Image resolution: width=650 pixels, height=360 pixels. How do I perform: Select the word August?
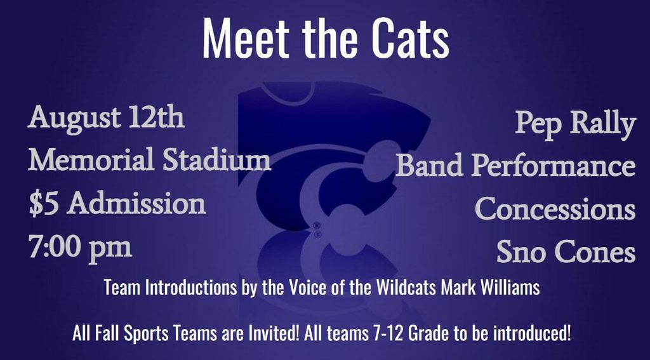tap(75, 119)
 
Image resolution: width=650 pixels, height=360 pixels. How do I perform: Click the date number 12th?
tap(157, 117)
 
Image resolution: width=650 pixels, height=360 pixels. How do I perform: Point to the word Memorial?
tap(91, 160)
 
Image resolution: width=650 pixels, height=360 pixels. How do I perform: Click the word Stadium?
tap(216, 160)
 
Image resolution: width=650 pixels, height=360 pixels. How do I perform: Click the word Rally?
tap(603, 124)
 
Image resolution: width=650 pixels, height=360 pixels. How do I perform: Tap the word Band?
tap(430, 166)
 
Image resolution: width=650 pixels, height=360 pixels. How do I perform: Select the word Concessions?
tap(555, 209)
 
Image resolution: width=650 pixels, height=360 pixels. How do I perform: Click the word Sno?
tap(521, 252)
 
